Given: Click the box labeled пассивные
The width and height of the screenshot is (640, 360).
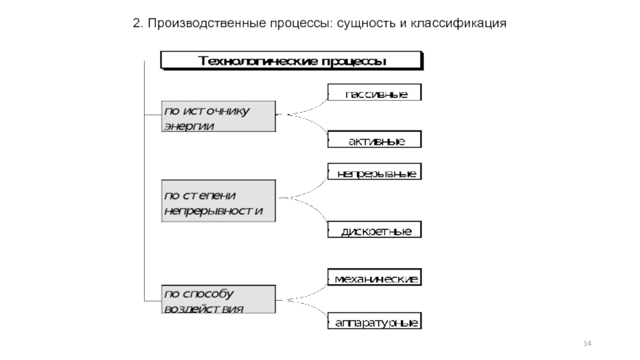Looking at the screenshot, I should [374, 94].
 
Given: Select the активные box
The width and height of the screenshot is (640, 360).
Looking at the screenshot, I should [374, 141].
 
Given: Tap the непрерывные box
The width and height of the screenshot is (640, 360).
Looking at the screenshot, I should [374, 173].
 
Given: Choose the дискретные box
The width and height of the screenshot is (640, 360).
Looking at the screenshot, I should [374, 231].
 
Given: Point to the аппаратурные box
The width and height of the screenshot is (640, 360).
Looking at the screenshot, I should [374, 323].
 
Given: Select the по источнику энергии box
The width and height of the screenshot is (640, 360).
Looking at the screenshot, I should [218, 117].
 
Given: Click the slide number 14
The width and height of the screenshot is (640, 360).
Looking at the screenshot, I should [588, 343].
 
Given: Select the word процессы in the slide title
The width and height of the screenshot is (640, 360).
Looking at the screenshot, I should [290, 24].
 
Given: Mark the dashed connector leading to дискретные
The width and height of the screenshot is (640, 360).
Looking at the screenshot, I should [308, 214].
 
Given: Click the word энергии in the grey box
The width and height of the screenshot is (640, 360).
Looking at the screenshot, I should [189, 126].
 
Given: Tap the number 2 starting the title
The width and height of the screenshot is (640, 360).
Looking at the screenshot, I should [136, 24].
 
